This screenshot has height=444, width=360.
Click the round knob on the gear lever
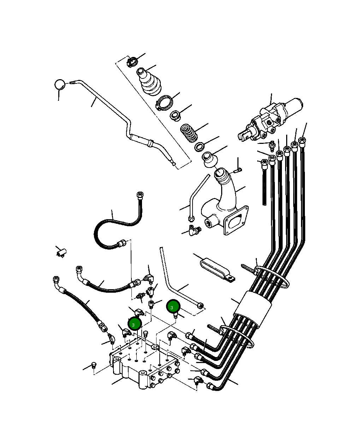(60, 84)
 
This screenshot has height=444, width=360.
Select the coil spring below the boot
(189, 133)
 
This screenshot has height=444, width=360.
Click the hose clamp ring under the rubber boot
(165, 103)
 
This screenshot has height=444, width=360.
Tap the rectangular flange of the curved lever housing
(236, 220)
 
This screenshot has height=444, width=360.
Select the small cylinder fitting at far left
(61, 253)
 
